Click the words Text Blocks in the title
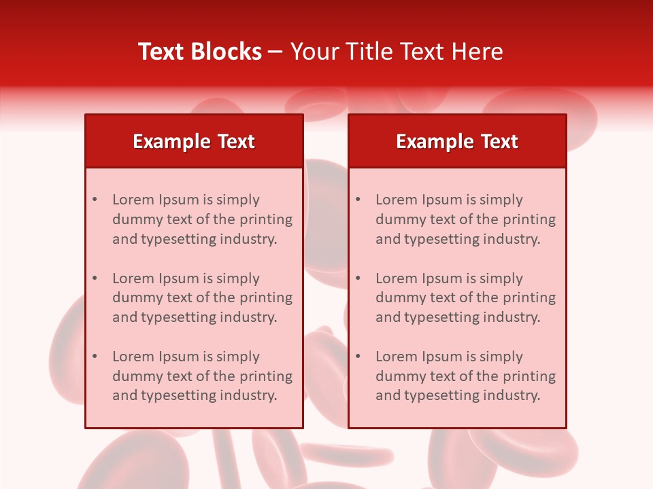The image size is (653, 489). click(x=199, y=52)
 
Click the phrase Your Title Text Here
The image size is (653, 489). click(x=397, y=52)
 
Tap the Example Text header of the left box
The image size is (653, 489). click(x=194, y=141)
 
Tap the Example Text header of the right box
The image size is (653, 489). click(x=457, y=141)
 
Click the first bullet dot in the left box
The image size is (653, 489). click(x=95, y=200)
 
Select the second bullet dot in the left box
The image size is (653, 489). click(x=95, y=278)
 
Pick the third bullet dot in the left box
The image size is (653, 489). click(x=95, y=357)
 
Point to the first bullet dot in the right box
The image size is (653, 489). click(x=358, y=200)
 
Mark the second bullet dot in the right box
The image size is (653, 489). click(x=358, y=278)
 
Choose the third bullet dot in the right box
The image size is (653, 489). click(x=358, y=357)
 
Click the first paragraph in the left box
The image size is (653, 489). click(x=202, y=219)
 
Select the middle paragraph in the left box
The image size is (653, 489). click(x=202, y=297)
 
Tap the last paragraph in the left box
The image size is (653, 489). click(x=202, y=376)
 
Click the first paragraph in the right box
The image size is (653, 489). click(x=465, y=219)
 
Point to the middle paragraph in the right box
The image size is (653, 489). click(x=465, y=297)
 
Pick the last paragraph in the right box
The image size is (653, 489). click(x=465, y=376)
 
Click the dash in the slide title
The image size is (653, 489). click(x=275, y=52)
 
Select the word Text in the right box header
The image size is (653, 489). click(x=500, y=141)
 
